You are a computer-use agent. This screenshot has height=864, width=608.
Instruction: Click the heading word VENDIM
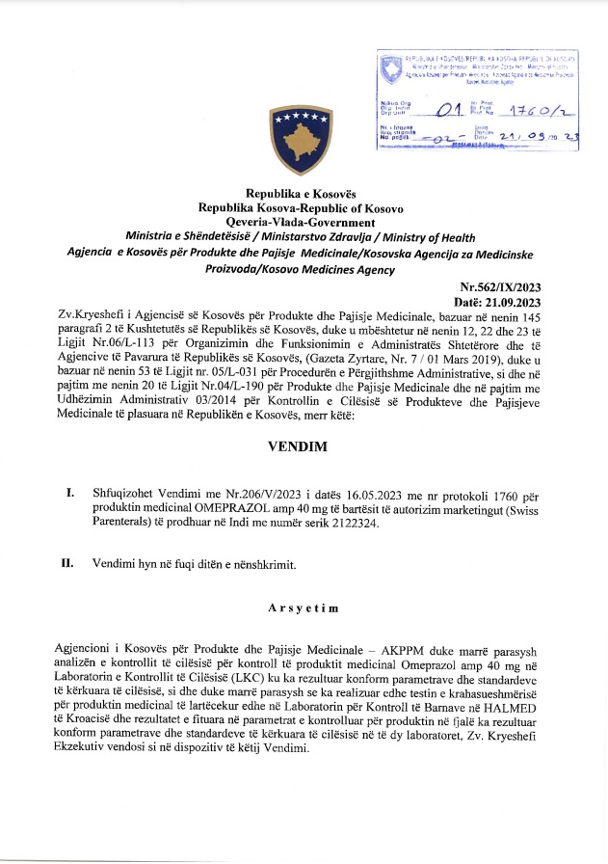coord(303,448)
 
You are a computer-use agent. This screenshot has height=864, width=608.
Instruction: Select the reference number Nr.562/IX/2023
coord(503,286)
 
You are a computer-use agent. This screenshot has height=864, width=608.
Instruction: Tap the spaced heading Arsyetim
coord(303,608)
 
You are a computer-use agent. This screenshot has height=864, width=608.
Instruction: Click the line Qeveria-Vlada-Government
coord(303,221)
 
